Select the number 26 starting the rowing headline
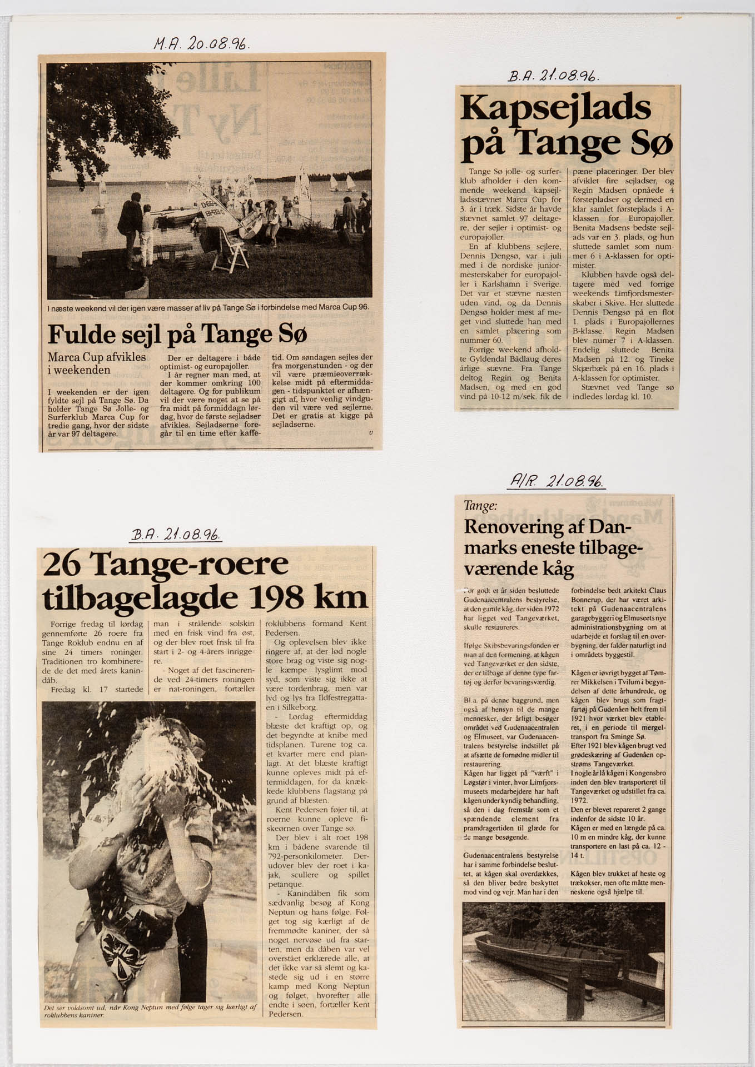pos(63,565)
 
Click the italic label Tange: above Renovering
pos(480,506)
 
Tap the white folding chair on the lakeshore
pos(230,251)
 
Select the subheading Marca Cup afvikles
pos(97,357)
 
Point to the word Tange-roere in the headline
pos(190,565)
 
